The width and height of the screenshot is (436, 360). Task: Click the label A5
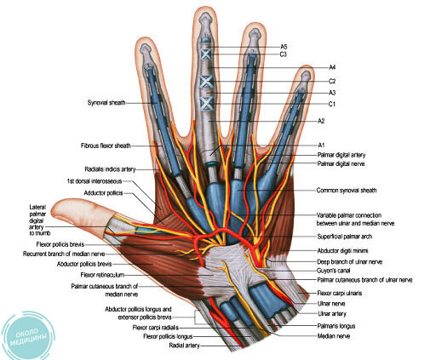(284, 47)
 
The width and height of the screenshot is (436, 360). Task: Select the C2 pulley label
(332, 82)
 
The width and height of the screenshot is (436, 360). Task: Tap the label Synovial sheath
(106, 103)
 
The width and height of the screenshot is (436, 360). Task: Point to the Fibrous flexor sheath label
(106, 146)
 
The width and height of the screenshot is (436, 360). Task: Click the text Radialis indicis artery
(110, 169)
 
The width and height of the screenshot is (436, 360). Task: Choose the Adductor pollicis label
(103, 193)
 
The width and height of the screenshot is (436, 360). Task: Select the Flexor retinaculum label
(102, 275)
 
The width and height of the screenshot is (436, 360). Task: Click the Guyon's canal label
(333, 271)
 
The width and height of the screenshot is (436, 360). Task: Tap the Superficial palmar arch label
(345, 237)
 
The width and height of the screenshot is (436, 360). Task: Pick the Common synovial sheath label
(347, 191)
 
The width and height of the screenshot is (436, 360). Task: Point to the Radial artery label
(185, 346)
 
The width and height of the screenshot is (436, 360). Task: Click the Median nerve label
(334, 336)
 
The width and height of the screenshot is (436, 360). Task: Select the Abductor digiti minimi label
(342, 250)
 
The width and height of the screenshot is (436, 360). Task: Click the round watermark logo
(27, 335)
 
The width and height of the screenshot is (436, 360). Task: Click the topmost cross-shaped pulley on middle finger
(205, 54)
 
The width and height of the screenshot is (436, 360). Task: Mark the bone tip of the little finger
(306, 76)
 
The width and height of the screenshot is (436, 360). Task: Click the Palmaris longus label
(336, 326)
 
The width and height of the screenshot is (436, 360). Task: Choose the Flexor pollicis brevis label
(60, 244)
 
